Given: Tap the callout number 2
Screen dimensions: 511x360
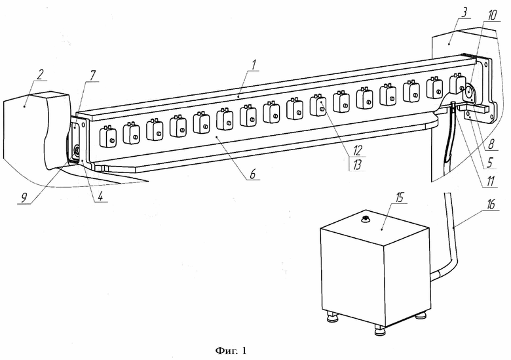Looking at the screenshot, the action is pos(40,74).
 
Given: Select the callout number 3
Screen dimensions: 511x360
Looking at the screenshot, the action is pos(464,12).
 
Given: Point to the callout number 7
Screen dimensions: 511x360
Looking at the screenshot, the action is pos(92,75).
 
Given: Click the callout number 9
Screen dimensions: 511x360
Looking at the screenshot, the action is pos(24,197).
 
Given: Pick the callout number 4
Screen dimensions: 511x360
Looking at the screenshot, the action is pos(100,196).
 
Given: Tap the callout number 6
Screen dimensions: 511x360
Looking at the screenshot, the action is pos(253,174).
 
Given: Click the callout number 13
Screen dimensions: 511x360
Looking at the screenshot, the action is pos(357,165).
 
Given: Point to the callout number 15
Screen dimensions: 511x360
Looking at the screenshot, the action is pos(399,197).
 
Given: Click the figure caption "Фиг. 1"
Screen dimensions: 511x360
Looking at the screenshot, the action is pos(231,351).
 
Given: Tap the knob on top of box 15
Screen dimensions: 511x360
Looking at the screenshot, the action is pos(366,220).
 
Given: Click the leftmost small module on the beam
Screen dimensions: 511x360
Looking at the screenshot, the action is pos(108,136).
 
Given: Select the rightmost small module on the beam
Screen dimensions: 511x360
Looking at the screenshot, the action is pos(458,83).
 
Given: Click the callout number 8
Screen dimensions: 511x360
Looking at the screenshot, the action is pos(491,144).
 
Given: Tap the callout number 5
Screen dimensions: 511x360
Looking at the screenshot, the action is pos(489,163).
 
